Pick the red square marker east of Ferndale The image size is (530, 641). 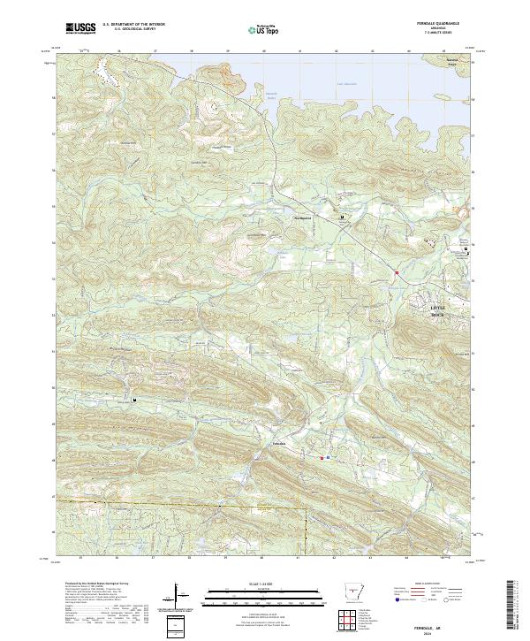click(x=322, y=458)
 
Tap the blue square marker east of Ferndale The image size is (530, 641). click(x=329, y=458)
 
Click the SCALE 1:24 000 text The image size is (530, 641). click(x=261, y=585)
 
